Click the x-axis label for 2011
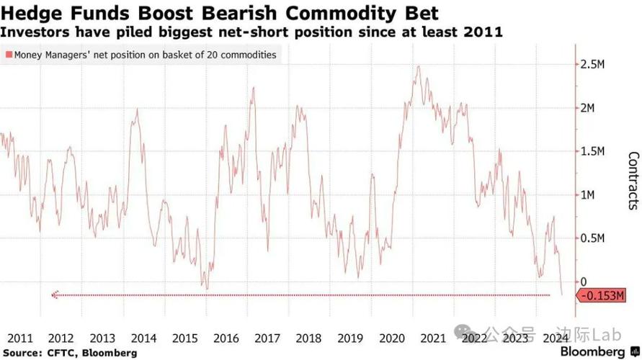[19, 338]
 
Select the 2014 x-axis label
[144, 338]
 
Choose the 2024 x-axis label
[554, 338]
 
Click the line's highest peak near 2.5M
[419, 67]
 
